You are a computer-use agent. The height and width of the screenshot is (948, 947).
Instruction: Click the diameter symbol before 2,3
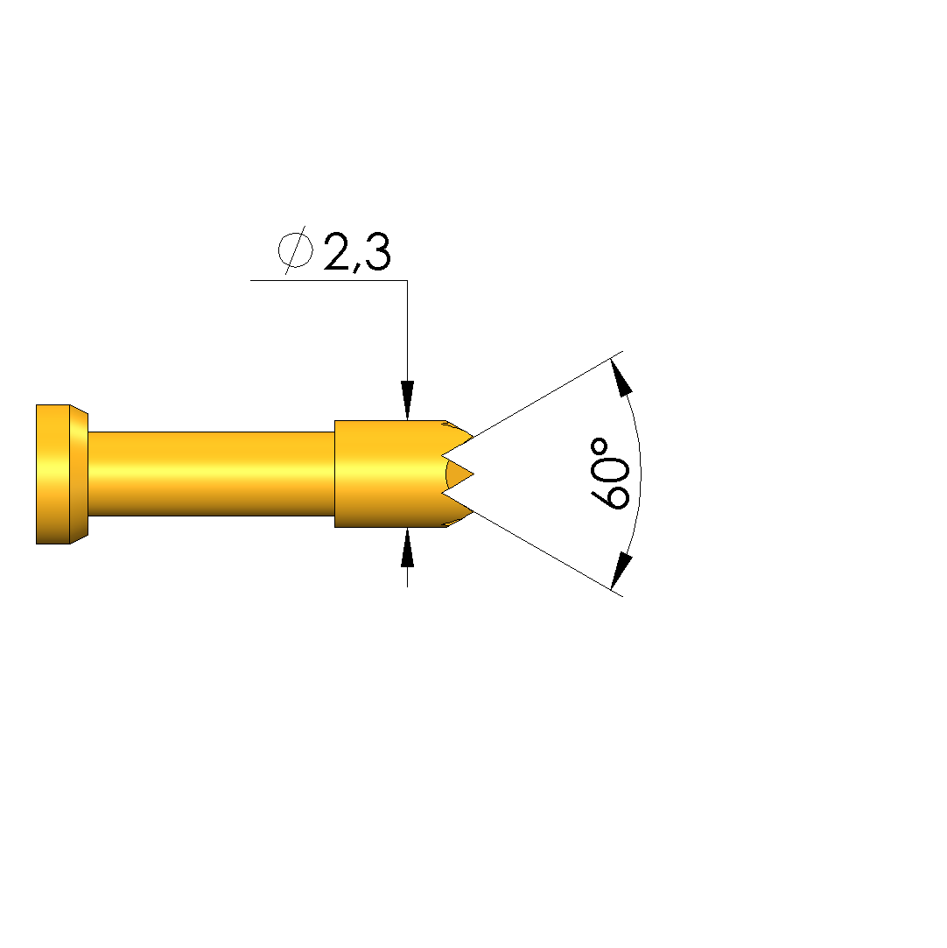coord(296,249)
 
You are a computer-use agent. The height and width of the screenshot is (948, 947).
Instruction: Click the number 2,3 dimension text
coord(358,251)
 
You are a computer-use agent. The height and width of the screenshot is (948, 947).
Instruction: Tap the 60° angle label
coord(609,474)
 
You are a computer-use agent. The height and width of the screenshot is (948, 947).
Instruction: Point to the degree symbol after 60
coord(600,448)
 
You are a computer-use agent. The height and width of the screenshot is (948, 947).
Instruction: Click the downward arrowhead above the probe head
coord(407,400)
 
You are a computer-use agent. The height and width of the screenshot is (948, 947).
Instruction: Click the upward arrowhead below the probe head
coord(407,547)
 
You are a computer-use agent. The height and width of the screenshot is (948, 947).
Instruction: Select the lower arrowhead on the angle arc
coord(621,570)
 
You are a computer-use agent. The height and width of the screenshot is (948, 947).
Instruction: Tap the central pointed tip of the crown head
coord(473,474)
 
